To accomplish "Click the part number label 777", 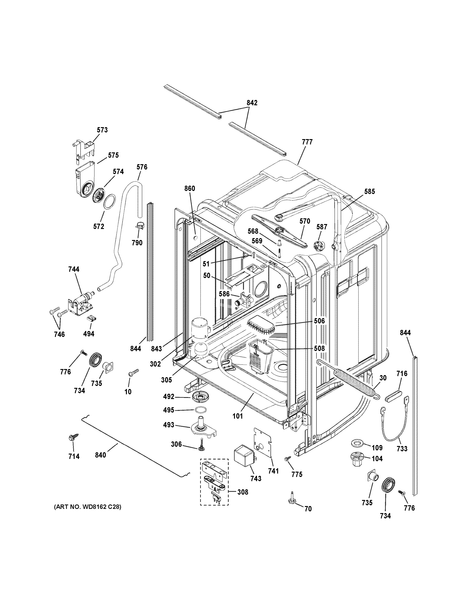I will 307,142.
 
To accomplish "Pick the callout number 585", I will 369,192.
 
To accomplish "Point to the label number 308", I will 242,492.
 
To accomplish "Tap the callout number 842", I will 252,103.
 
